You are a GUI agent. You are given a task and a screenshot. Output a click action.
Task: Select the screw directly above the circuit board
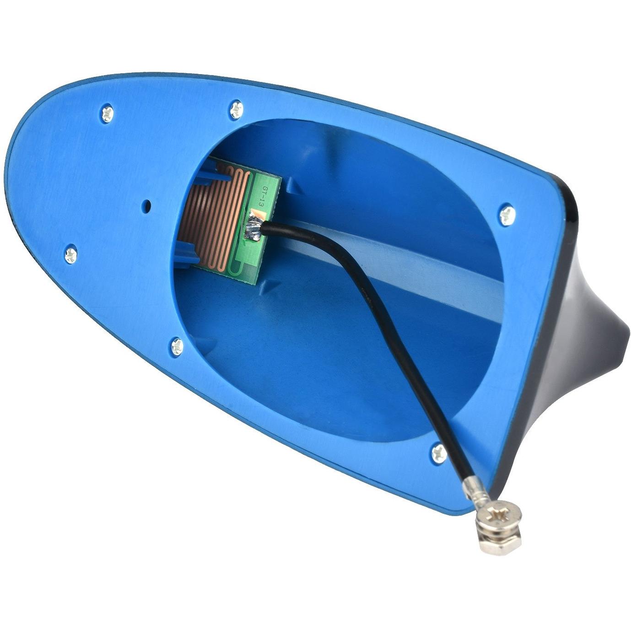point(237,109)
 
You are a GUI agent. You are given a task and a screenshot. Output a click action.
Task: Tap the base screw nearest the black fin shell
point(507,215)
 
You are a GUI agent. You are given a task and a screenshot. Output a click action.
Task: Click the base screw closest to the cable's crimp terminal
point(439,453)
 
